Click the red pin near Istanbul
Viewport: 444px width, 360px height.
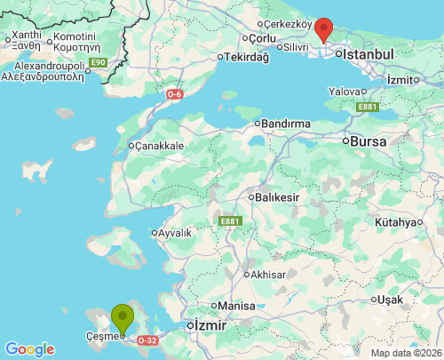325,29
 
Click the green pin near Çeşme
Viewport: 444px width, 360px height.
123,317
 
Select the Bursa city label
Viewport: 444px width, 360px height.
369,140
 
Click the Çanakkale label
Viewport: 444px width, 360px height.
159,146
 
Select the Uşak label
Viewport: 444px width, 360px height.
389,300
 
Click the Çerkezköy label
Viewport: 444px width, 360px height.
289,24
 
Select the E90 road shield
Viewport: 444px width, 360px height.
98,62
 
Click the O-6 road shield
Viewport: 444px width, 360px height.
175,92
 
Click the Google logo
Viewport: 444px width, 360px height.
29,349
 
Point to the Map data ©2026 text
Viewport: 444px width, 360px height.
406,353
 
